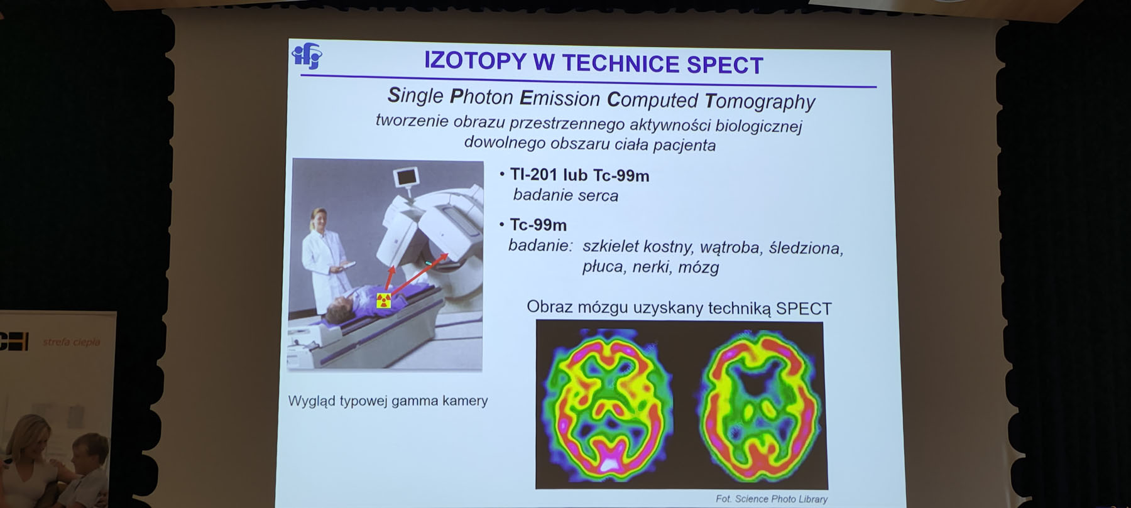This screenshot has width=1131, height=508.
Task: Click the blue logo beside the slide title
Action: click(307, 56)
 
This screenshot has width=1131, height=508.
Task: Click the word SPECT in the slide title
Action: click(724, 65)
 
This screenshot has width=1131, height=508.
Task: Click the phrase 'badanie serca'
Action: click(565, 195)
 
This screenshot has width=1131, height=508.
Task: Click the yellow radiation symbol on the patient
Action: click(384, 300)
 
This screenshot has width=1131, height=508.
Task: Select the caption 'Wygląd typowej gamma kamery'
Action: click(388, 401)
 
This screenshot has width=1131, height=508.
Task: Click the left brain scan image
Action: click(606, 402)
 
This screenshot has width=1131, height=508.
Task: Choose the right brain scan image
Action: click(761, 403)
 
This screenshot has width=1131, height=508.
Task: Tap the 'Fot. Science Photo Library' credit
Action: click(772, 499)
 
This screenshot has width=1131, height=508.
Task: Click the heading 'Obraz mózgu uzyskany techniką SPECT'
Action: click(679, 308)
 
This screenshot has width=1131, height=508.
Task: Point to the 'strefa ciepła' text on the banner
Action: click(71, 342)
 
